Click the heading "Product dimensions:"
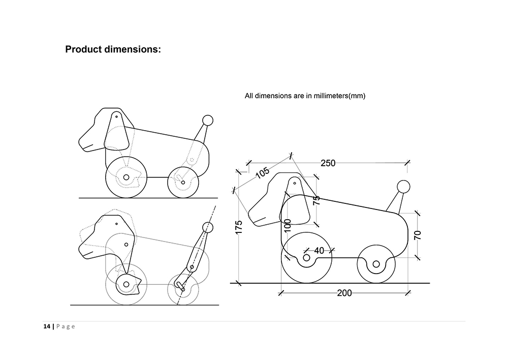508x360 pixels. click(x=113, y=50)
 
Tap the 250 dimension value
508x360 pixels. click(x=328, y=163)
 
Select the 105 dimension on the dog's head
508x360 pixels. click(x=263, y=172)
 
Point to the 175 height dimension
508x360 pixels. click(x=239, y=227)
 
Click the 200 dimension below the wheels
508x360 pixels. click(x=344, y=293)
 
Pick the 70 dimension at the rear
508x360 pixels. click(x=418, y=234)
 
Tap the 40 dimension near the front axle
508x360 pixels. click(x=319, y=250)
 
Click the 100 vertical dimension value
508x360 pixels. click(x=288, y=225)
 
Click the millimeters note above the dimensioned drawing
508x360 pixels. click(x=305, y=96)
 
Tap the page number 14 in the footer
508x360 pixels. click(x=46, y=326)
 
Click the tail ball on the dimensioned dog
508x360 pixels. click(x=403, y=187)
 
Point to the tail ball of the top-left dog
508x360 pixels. click(x=207, y=121)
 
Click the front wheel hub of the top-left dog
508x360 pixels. click(x=125, y=177)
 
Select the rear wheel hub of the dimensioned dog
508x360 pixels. click(x=376, y=264)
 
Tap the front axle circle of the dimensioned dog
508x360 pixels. click(x=306, y=258)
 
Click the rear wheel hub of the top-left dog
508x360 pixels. click(x=183, y=182)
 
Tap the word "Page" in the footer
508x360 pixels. click(x=65, y=326)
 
